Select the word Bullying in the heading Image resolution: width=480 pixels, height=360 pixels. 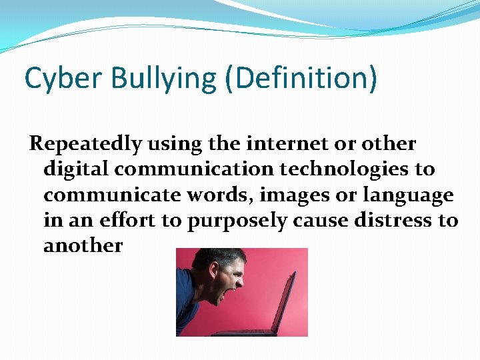coord(163,79)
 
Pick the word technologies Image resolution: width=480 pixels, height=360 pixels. coord(347,169)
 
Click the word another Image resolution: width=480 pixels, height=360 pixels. coord(83,245)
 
